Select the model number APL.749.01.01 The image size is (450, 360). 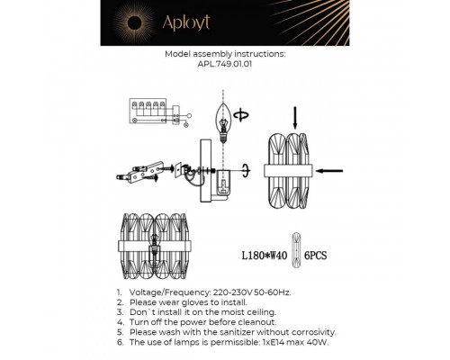[x=225, y=64]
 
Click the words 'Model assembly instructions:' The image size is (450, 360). [x=225, y=54]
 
